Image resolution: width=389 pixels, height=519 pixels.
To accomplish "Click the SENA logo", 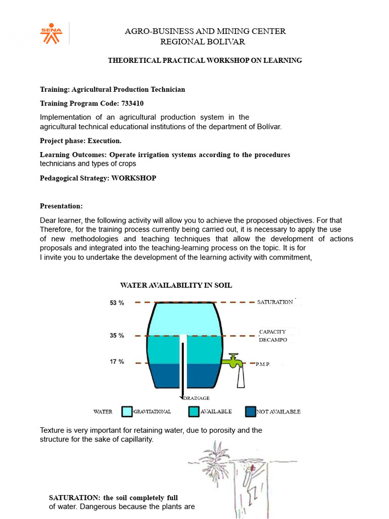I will click(x=52, y=33).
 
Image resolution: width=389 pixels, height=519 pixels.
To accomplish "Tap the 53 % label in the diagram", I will click(x=116, y=303).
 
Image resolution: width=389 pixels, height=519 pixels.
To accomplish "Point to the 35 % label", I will click(x=116, y=336).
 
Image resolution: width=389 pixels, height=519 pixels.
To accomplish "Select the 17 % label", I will click(x=116, y=362).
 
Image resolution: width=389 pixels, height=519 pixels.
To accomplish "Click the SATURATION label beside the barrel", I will click(x=275, y=302).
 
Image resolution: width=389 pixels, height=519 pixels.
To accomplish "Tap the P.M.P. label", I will click(x=263, y=364).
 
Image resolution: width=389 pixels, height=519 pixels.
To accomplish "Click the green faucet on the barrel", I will click(x=234, y=360).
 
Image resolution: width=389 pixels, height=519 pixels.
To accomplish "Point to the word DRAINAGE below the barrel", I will click(x=197, y=398).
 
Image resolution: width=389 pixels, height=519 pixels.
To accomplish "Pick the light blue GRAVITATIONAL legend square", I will click(x=127, y=412).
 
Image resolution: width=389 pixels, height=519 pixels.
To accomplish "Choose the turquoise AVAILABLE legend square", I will click(x=193, y=412).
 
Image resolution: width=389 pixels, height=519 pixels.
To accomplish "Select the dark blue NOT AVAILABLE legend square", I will click(x=250, y=412).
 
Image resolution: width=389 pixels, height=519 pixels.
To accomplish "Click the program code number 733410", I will click(x=133, y=103).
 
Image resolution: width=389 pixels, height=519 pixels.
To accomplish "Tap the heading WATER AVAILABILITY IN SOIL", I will click(x=176, y=285).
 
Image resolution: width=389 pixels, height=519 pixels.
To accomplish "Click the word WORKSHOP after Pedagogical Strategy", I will click(x=134, y=178).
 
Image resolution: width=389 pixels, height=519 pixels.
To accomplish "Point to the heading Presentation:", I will click(x=61, y=206).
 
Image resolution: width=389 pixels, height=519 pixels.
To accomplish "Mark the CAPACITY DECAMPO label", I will click(x=273, y=336).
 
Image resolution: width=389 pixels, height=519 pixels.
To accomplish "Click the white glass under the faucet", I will click(x=241, y=378).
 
